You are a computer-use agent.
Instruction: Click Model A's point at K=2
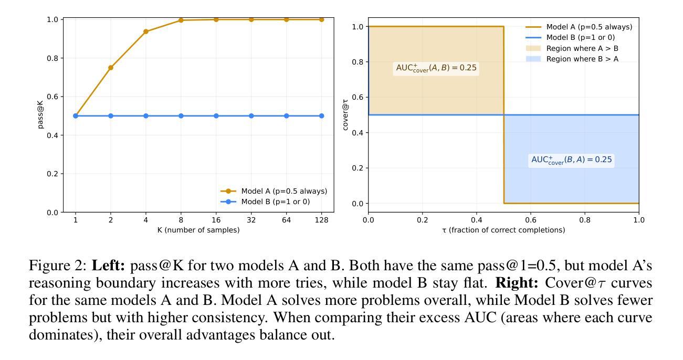(111, 68)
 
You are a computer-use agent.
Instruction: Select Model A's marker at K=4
(146, 31)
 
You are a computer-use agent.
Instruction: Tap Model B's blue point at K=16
(216, 116)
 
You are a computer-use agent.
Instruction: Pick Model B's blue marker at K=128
(322, 116)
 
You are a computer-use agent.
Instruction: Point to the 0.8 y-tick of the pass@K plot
(52, 58)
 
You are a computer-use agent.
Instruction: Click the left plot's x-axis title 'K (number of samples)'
(198, 230)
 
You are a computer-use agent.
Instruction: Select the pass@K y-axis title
(41, 116)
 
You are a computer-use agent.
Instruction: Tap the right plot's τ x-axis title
(503, 230)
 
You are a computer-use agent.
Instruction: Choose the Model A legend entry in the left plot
(284, 191)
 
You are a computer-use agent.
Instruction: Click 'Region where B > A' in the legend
(582, 59)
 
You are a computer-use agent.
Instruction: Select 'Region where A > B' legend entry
(582, 48)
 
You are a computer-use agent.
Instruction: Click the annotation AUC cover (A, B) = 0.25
(437, 68)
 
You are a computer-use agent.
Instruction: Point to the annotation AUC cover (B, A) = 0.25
(572, 160)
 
